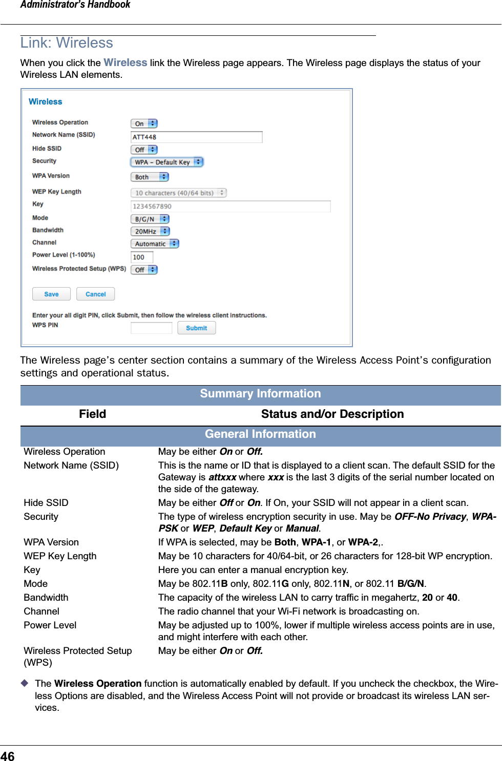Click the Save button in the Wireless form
tap(51, 294)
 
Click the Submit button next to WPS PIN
tap(196, 328)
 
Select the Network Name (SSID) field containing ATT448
tap(196, 137)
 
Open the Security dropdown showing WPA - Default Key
tap(166, 162)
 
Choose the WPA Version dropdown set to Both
tap(149, 177)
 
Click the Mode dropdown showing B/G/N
tap(150, 219)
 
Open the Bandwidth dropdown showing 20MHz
tap(150, 231)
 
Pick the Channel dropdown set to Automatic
tap(154, 244)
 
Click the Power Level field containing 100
tap(142, 257)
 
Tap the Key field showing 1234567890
tap(231, 206)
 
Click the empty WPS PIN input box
tap(151, 328)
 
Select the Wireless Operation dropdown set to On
tap(144, 123)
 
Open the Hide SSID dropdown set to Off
tap(144, 150)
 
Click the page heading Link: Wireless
tap(67, 43)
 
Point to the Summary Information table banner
tap(260, 394)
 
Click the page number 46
tap(8, 756)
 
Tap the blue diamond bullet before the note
tap(24, 683)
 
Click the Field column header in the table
tap(92, 414)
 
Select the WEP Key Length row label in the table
tap(60, 556)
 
